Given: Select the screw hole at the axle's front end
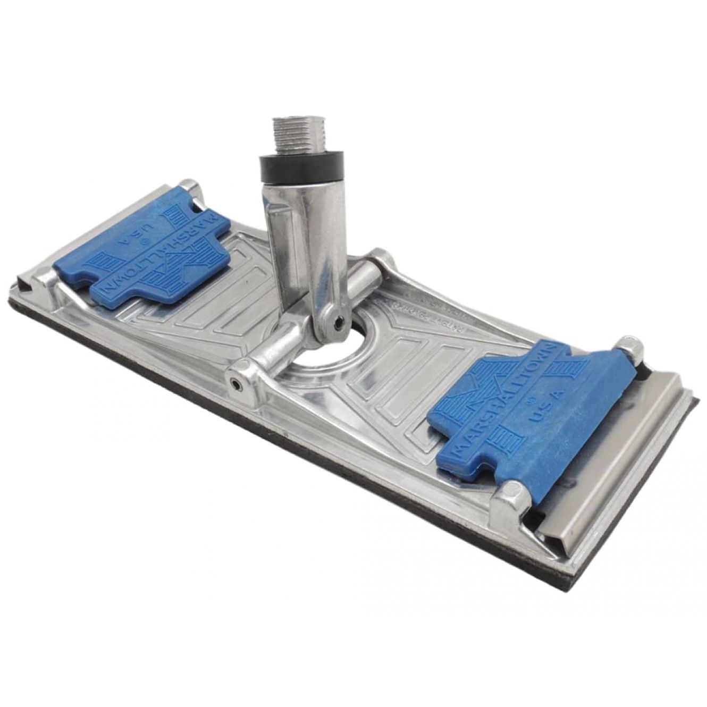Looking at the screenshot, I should pos(234,382).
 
